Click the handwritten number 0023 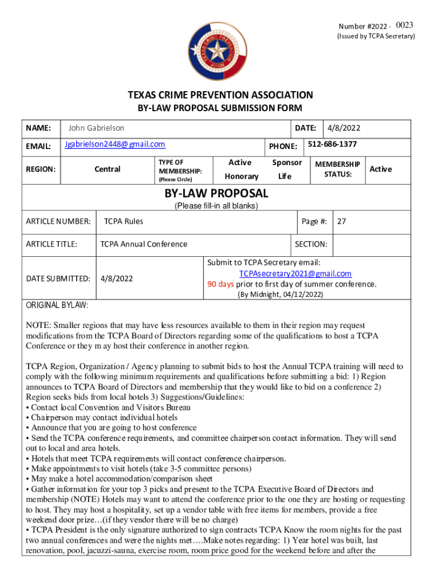[x=404, y=25]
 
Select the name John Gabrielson [x=96, y=128]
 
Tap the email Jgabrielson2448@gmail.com [x=115, y=144]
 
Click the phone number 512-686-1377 [x=332, y=144]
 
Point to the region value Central [x=107, y=169]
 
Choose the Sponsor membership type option [x=286, y=163]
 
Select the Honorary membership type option [x=242, y=177]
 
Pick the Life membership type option [x=285, y=177]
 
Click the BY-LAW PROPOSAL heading [x=216, y=193]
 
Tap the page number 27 [x=342, y=221]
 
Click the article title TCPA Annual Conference [x=144, y=244]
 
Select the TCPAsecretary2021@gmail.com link [x=295, y=273]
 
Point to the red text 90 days [x=220, y=284]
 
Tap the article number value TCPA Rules [x=124, y=221]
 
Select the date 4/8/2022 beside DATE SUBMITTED [x=116, y=279]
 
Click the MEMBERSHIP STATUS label [x=337, y=169]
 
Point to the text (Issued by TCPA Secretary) [x=375, y=37]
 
